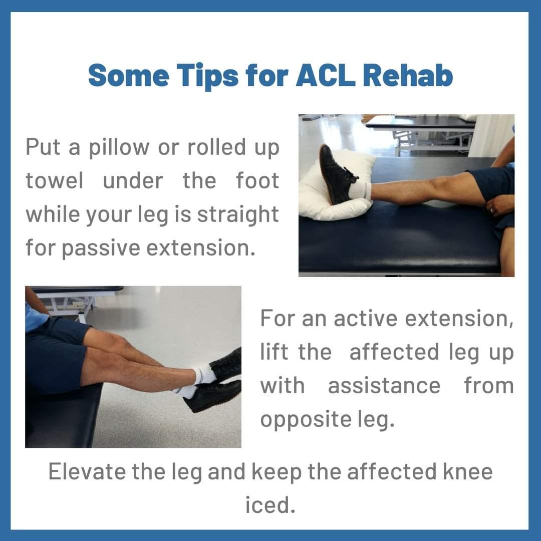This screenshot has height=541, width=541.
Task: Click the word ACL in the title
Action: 325,75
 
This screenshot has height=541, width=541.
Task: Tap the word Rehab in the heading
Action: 407,75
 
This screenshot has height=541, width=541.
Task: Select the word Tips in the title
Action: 208,77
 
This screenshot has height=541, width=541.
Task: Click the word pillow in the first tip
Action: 119,148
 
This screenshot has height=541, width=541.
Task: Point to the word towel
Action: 55,180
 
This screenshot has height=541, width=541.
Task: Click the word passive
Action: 101,249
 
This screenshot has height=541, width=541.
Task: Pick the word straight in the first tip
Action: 238,214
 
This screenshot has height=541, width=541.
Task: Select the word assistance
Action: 384,386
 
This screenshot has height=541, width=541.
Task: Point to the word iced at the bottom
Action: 270,505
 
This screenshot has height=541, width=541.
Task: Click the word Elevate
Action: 87,471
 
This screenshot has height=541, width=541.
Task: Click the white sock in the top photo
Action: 360,190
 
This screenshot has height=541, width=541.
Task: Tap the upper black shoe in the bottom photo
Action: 226,366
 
